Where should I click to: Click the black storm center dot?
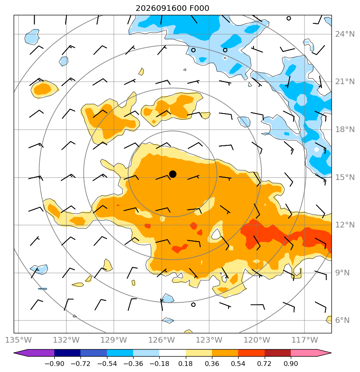pos(173,174)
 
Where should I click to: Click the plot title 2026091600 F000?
pos(172,8)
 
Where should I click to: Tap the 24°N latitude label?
pos(345,34)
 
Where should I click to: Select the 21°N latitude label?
pos(345,82)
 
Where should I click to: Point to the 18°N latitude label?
pos(345,130)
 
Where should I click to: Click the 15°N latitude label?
pos(345,177)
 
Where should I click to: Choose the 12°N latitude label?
pos(345,225)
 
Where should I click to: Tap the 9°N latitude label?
pos(342,273)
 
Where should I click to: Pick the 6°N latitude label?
pos(342,320)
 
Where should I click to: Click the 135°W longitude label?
pos(19,340)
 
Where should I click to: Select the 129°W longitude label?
pos(114,340)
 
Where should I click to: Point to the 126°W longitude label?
pos(162,340)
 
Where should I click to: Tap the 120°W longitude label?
pos(257,340)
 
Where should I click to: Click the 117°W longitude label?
pos(304,340)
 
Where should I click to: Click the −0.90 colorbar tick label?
pos(54,364)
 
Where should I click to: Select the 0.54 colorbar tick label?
pos(238,364)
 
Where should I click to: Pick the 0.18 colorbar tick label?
pos(185,364)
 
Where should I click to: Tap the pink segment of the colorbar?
pos(304,353)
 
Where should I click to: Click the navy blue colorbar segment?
pos(68,353)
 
